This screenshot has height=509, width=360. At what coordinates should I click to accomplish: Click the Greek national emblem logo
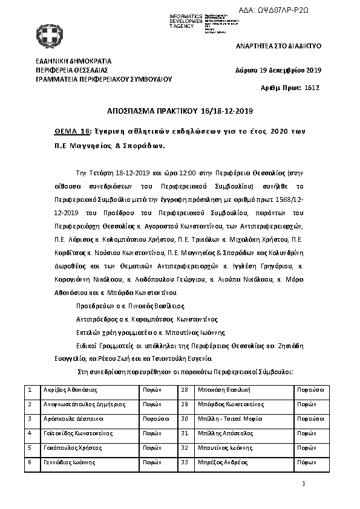pyautogui.click(x=47, y=34)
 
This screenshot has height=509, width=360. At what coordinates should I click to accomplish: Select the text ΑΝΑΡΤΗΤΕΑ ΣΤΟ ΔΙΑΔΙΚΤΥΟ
pyautogui.click(x=278, y=47)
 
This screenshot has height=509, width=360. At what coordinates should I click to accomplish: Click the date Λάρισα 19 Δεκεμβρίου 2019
pyautogui.click(x=278, y=70)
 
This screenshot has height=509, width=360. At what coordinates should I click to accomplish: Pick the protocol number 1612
pyautogui.click(x=312, y=88)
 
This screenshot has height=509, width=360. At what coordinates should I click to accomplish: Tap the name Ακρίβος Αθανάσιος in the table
pyautogui.click(x=71, y=389)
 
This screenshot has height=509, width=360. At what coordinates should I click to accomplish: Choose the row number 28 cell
pyautogui.click(x=185, y=389)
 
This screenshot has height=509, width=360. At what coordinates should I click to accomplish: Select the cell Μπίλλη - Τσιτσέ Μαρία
pyautogui.click(x=231, y=418)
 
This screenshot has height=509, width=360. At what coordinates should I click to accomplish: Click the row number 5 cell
pyautogui.click(x=30, y=447)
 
